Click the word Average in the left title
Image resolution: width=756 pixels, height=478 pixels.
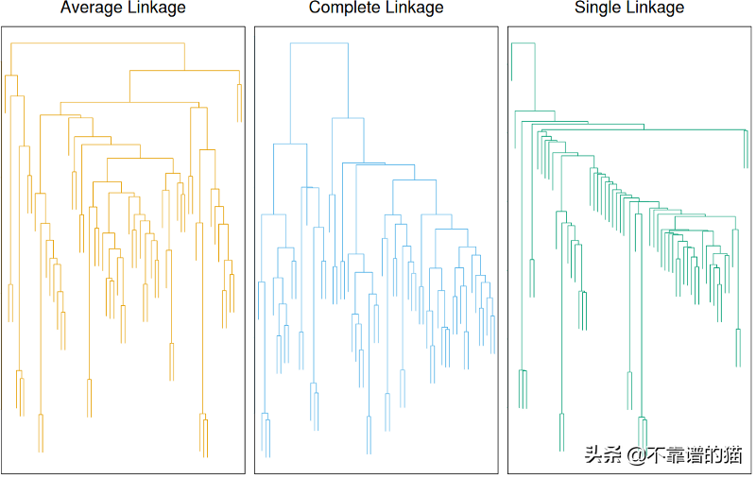pos(92,9)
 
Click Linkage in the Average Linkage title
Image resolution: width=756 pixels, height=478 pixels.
pos(155,9)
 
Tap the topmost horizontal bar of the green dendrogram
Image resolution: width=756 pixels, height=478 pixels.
pos(524,43)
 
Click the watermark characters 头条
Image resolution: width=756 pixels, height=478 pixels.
pos(602,455)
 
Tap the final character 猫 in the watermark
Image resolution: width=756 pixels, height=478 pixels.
pos(732,455)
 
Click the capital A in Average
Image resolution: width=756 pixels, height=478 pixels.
pos(65,9)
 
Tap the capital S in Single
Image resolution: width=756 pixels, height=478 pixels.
pos(580,9)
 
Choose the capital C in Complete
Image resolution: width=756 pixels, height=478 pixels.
pos(316,9)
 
